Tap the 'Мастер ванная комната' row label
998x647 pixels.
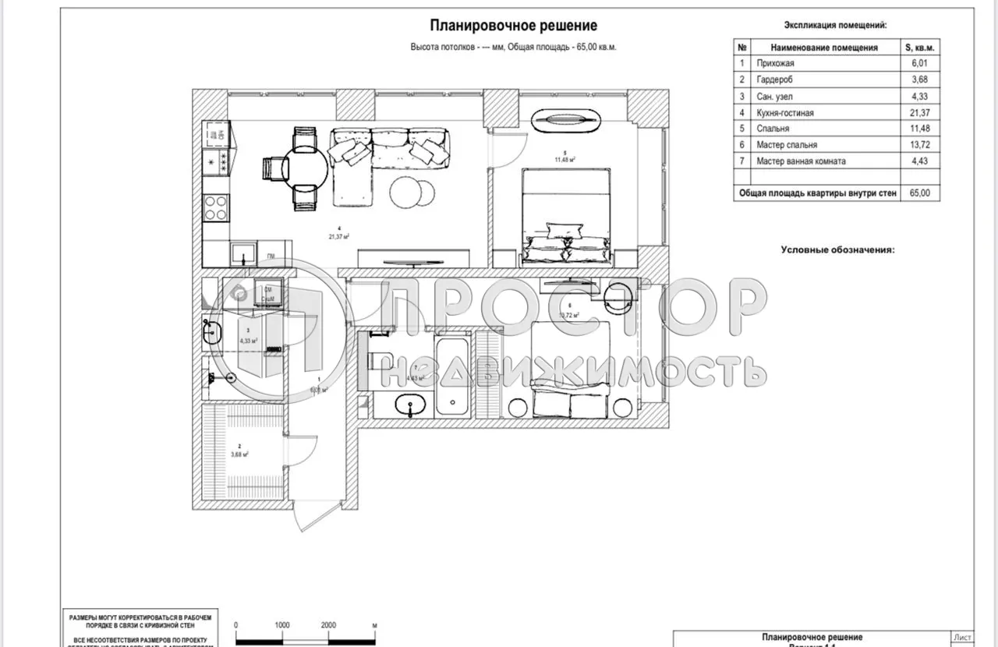point(800,161)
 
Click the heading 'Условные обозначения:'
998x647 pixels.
point(837,249)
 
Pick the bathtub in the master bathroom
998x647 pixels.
point(452,374)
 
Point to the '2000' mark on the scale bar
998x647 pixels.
point(328,625)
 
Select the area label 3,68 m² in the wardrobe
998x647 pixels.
point(239,454)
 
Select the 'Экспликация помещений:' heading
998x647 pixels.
point(835,26)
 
